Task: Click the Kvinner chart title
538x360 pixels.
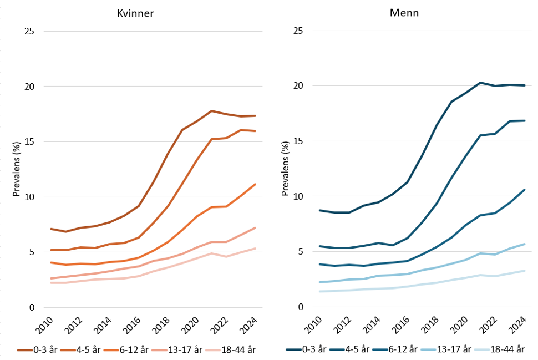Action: pos(135,13)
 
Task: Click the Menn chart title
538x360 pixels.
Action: pos(404,13)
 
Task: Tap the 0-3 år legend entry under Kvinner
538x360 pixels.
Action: pos(37,349)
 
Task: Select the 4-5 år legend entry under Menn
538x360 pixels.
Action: pos(349,349)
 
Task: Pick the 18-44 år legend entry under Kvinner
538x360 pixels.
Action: pos(231,349)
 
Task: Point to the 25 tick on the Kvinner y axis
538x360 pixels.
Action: pos(29,31)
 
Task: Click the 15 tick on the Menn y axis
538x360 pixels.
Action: pos(298,141)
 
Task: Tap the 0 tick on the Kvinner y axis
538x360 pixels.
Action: pos(32,307)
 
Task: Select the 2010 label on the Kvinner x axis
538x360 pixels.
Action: pos(44,326)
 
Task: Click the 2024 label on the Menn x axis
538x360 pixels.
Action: pos(517,325)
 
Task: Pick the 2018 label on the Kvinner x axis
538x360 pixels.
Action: pos(161,326)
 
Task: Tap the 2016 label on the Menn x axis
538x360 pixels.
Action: pos(400,325)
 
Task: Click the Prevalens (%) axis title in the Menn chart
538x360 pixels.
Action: pos(286,169)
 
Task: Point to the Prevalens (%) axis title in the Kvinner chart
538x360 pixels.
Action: pos(17,169)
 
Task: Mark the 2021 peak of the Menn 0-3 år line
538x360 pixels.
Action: pos(480,83)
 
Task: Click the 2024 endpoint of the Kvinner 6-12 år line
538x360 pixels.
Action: pos(255,184)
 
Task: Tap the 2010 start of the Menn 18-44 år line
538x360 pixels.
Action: pos(320,291)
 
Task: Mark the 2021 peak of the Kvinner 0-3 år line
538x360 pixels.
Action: pos(211,111)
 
